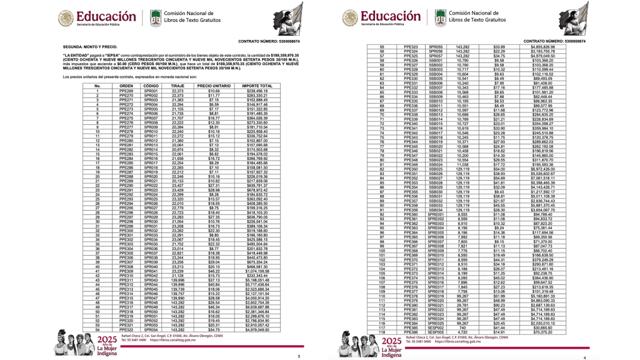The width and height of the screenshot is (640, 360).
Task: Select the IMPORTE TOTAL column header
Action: tap(257, 86)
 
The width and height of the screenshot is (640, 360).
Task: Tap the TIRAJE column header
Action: tap(177, 86)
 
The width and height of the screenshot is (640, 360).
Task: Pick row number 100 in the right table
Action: tap(382, 251)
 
